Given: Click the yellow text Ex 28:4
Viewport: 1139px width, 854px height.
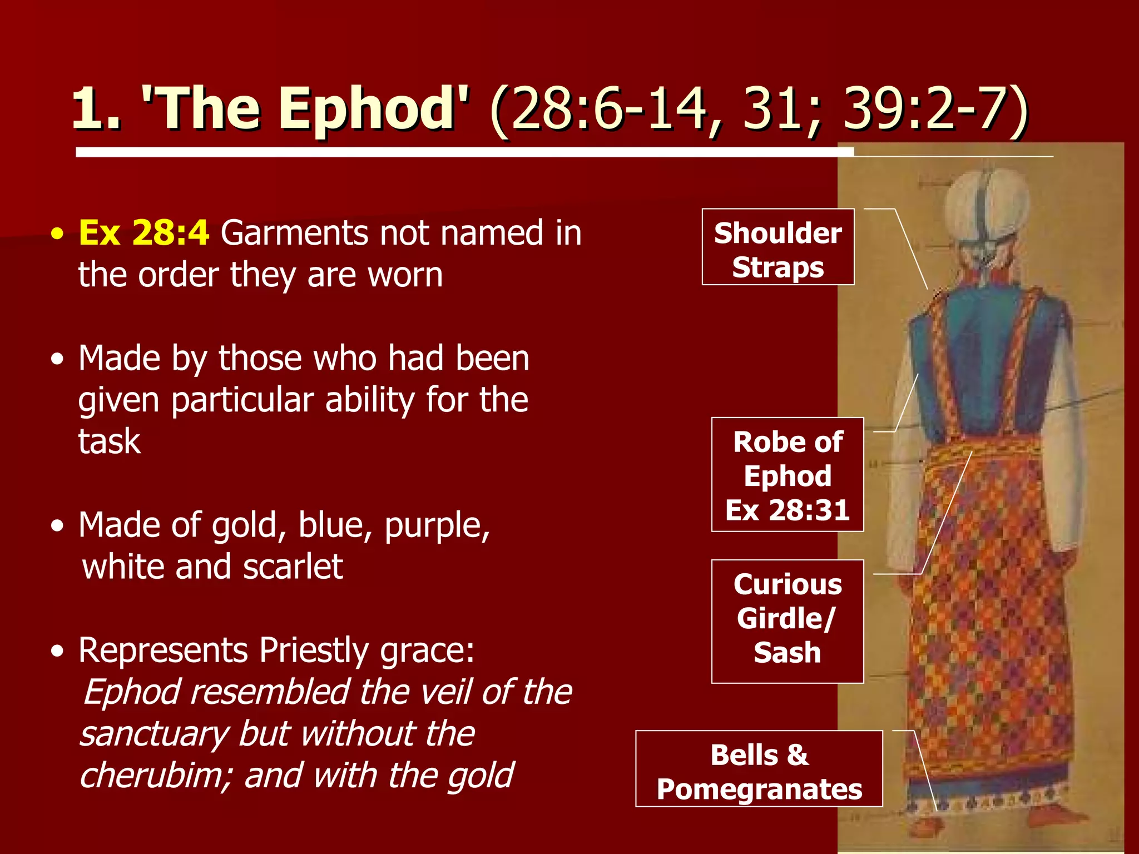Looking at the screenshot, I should [x=143, y=232].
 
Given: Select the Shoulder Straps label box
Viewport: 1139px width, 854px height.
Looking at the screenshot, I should [x=778, y=247].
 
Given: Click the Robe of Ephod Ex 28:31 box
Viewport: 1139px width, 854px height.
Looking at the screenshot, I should [x=787, y=475].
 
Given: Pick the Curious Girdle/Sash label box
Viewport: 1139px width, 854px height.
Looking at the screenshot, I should [x=787, y=621].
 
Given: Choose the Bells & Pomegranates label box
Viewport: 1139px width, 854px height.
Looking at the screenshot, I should [x=759, y=769].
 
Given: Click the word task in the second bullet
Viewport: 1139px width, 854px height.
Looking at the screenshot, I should [x=109, y=441].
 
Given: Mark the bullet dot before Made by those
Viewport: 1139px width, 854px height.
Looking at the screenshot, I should [x=57, y=360].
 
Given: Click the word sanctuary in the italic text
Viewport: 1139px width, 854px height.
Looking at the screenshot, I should [x=153, y=733].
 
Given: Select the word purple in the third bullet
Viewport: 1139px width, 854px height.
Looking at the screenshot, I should [x=437, y=525].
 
